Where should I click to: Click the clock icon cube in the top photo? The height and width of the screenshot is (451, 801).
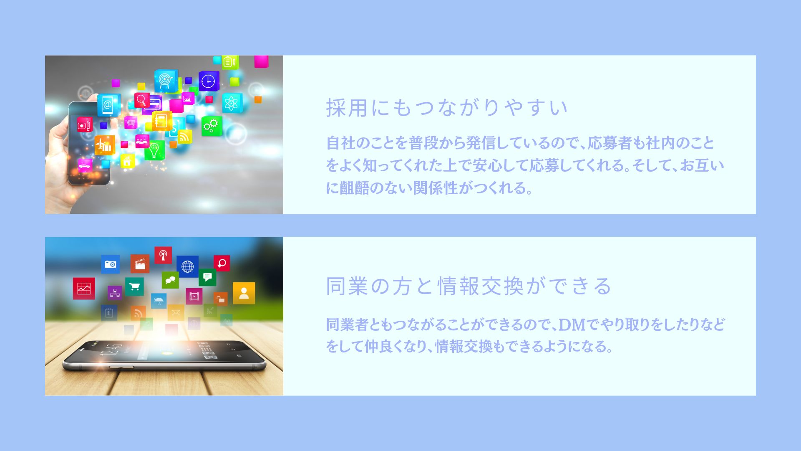pyautogui.click(x=209, y=81)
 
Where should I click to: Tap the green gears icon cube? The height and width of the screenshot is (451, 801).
pyautogui.click(x=212, y=126)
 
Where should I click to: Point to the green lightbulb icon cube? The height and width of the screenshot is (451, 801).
pyautogui.click(x=154, y=150)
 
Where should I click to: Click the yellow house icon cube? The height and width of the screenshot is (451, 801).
pyautogui.click(x=128, y=161)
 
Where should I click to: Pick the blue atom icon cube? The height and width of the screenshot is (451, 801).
pyautogui.click(x=232, y=103)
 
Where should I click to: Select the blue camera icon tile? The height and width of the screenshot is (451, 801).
pyautogui.click(x=110, y=264)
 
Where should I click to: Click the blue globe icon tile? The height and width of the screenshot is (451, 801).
pyautogui.click(x=187, y=266)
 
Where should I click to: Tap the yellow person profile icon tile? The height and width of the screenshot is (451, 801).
pyautogui.click(x=244, y=293)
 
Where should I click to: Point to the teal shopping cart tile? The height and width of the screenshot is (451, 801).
pyautogui.click(x=134, y=287)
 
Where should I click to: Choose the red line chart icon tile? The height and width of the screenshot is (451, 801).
pyautogui.click(x=84, y=289)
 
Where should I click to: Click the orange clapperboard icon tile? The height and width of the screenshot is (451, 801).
pyautogui.click(x=140, y=264)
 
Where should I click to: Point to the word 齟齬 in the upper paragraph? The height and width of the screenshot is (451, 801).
pyautogui.click(x=355, y=188)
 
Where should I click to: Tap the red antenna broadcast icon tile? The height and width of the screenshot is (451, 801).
pyautogui.click(x=163, y=255)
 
